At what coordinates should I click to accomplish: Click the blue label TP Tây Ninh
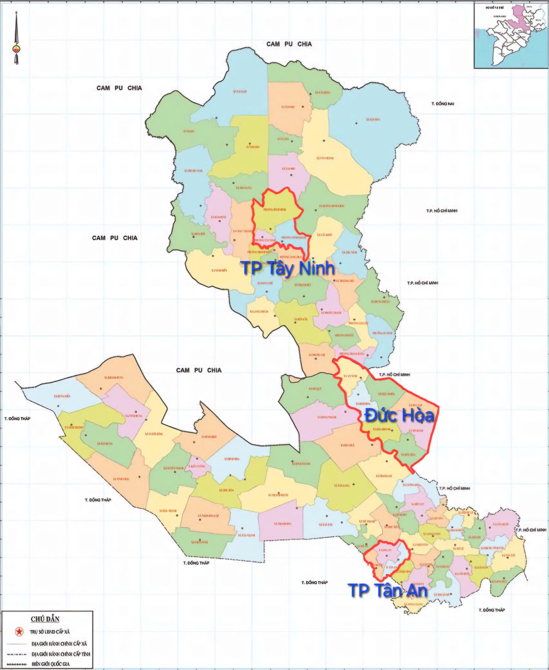pos(288,268)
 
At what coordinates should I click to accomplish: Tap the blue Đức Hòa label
pos(399,415)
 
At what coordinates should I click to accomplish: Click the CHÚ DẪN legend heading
pos(45,619)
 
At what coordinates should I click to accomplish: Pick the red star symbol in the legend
pos(19,632)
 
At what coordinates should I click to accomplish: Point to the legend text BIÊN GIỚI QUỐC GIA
pos(51,664)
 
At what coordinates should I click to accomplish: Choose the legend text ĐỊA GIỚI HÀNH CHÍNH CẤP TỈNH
pos(61,654)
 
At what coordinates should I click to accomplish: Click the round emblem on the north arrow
pos(16,49)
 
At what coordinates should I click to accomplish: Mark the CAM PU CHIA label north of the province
pos(289,44)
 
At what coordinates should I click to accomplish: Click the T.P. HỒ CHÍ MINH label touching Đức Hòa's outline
pos(394,374)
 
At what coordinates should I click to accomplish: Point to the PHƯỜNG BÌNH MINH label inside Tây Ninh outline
pos(275,209)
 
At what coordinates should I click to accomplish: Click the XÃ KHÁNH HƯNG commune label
pos(113,377)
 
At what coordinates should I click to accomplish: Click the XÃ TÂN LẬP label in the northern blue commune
pos(240,92)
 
